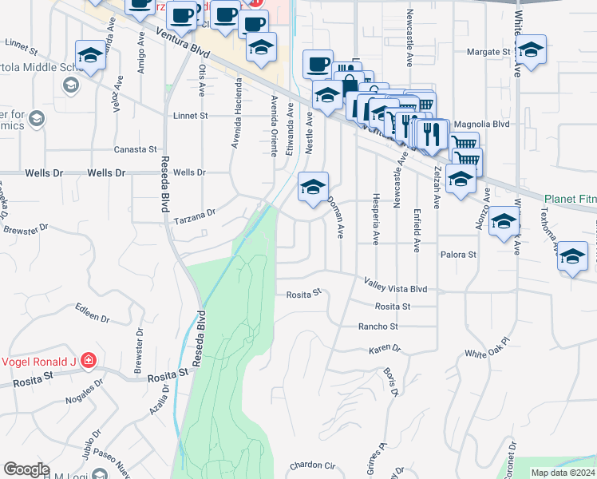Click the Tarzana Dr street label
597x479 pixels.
click(196, 214)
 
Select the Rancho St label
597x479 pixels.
click(378, 326)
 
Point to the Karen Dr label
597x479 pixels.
click(384, 350)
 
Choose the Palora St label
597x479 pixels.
click(458, 255)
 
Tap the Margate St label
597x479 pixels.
click(488, 52)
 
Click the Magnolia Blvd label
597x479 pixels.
click(480, 125)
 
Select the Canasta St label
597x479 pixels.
click(135, 149)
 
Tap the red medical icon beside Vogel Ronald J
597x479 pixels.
click(89, 360)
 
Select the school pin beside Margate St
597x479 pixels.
click(530, 49)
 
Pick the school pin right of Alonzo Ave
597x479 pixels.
click(504, 221)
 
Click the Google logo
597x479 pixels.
click(26, 469)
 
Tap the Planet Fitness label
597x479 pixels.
click(570, 199)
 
